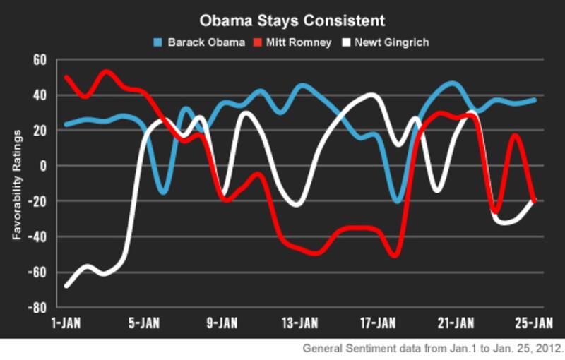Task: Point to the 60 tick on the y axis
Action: [39, 60]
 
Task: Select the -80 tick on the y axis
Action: [37, 308]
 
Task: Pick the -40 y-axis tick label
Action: [37, 236]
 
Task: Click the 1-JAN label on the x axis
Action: [67, 323]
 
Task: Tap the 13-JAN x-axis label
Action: [300, 323]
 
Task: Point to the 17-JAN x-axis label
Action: [378, 323]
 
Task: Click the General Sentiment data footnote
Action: [433, 348]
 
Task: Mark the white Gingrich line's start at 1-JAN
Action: [66, 286]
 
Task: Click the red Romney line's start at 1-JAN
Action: [66, 76]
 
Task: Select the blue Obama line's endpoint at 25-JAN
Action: [535, 100]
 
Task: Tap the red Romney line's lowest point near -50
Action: [394, 255]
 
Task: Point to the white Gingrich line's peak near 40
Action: [373, 95]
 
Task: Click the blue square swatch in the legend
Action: [159, 42]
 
